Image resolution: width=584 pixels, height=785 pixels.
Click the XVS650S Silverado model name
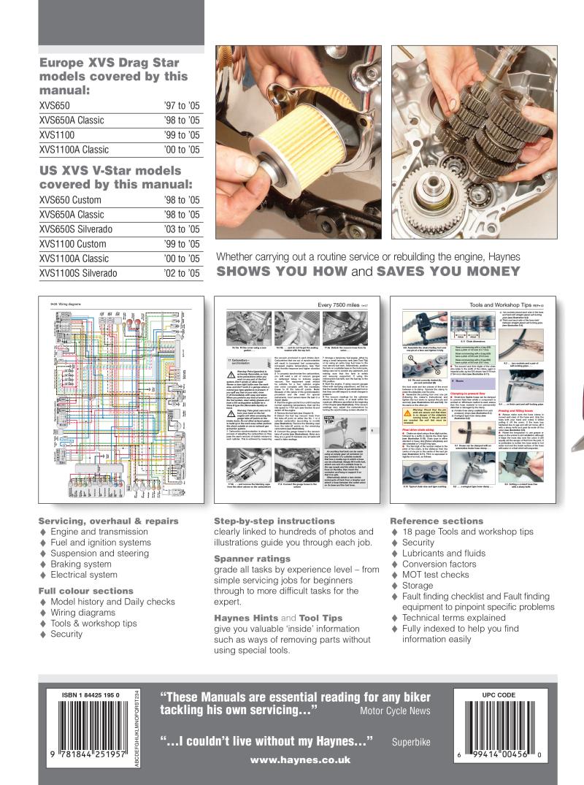pyautogui.click(x=77, y=229)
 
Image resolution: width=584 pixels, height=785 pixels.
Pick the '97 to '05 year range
pyautogui.click(x=182, y=106)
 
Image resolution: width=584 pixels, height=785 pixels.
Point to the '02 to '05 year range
pyautogui.click(x=182, y=273)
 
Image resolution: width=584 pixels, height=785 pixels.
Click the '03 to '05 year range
pyautogui.click(x=182, y=229)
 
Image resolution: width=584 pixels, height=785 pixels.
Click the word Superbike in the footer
pyautogui.click(x=409, y=741)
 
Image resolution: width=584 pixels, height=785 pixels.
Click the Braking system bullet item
pyautogui.click(x=80, y=564)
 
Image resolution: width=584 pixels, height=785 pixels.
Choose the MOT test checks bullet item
pyautogui.click(x=435, y=575)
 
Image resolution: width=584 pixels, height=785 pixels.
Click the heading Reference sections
pyautogui.click(x=437, y=521)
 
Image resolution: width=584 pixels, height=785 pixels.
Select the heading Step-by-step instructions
pyautogui.click(x=274, y=521)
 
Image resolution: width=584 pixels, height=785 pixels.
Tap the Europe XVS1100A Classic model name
pyautogui.click(x=74, y=150)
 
